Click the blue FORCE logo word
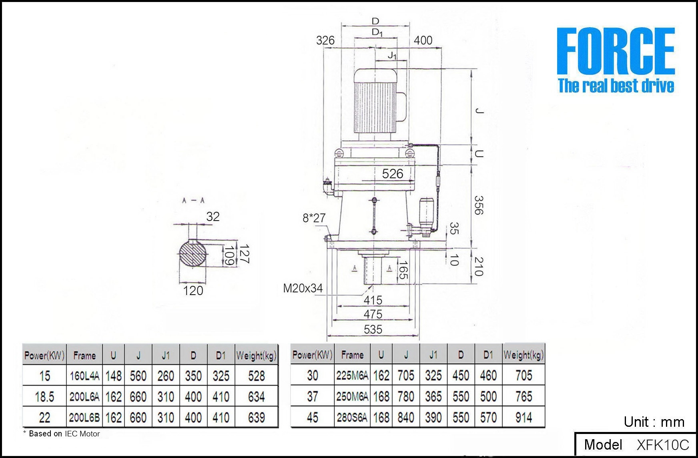click(616, 51)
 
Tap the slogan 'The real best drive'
click(616, 86)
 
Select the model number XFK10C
click(663, 445)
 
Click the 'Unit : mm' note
click(654, 422)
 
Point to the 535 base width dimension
click(373, 329)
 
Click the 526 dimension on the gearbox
click(393, 174)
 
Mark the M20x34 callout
click(303, 288)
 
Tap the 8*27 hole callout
click(314, 218)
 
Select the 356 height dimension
click(478, 205)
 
